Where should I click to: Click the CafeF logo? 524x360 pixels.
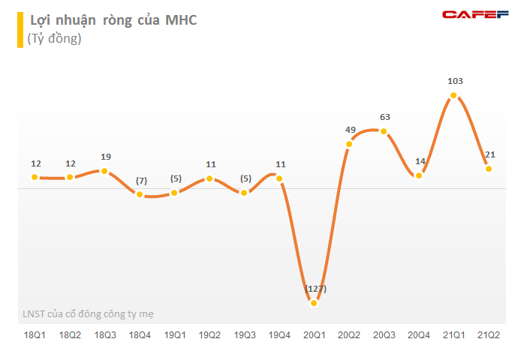[475, 14]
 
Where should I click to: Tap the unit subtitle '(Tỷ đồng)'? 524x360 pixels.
[54, 39]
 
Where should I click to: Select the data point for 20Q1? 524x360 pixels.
[314, 303]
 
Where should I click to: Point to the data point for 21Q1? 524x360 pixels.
[453, 96]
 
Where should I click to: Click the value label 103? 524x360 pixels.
[454, 81]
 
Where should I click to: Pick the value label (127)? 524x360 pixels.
[315, 289]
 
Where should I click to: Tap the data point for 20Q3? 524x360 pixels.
[384, 131]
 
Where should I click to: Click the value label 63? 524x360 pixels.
[384, 116]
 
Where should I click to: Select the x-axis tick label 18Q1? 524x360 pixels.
[35, 334]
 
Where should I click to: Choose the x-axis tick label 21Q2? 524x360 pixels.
[489, 334]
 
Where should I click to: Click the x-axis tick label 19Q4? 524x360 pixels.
[279, 334]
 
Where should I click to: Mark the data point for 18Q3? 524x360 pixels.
[104, 171]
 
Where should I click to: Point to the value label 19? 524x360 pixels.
[105, 157]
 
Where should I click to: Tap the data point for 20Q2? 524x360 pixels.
[349, 143]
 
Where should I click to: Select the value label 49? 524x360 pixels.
[350, 129]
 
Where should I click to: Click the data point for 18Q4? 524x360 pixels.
[140, 194]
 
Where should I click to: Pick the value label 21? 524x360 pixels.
[489, 154]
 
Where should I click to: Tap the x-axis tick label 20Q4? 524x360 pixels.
[419, 334]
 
